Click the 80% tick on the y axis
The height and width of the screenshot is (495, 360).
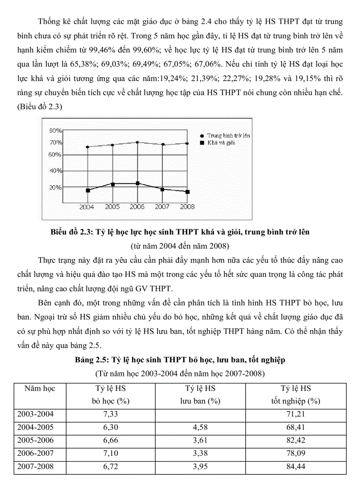click(55, 130)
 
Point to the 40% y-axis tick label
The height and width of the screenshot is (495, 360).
click(55, 171)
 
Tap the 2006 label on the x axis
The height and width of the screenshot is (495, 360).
click(137, 206)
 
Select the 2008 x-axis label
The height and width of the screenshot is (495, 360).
click(187, 206)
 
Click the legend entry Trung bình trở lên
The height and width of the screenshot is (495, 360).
click(228, 136)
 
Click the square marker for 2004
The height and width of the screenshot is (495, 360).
click(88, 190)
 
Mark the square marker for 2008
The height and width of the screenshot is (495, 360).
click(187, 192)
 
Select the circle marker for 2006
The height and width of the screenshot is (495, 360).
click(138, 142)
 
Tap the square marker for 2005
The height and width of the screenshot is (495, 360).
click(112, 184)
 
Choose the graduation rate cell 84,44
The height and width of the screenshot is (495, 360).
click(296, 467)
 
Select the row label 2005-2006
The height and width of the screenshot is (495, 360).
click(35, 440)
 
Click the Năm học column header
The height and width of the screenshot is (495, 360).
click(40, 388)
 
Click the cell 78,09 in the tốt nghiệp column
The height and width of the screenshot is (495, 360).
click(296, 454)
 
